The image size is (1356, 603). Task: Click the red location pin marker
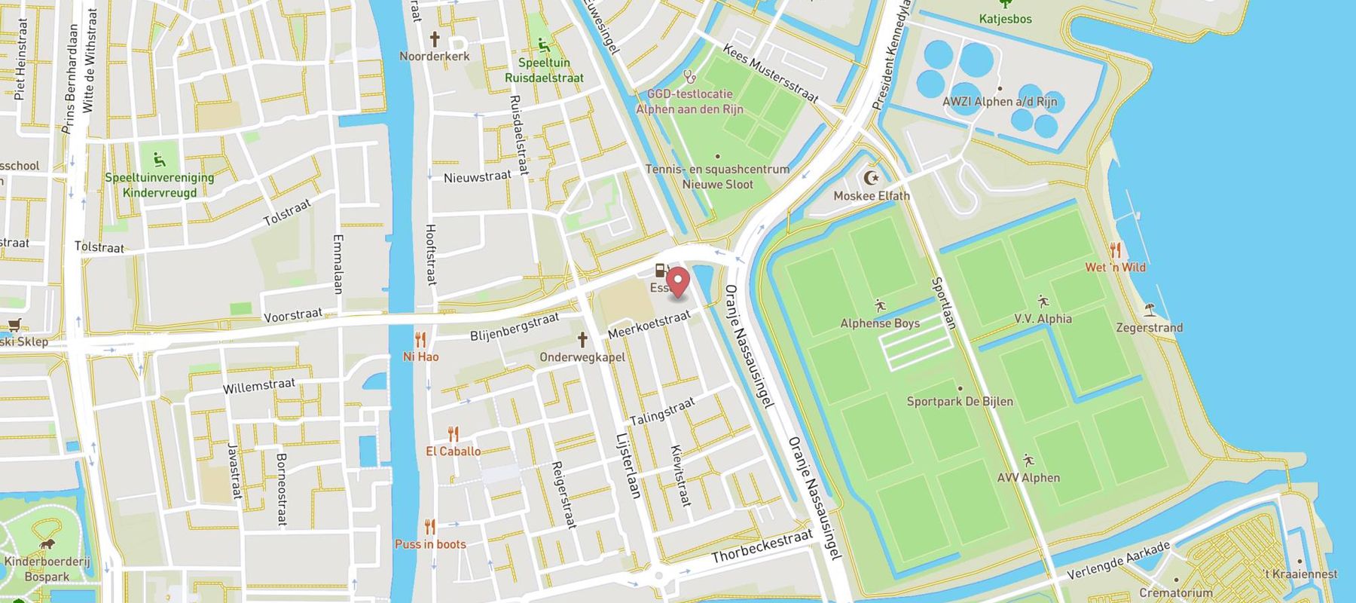[679, 282]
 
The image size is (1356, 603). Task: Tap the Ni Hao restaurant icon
[420, 340]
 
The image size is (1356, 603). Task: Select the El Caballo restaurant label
[453, 451]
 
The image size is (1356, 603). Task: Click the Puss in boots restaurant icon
[429, 527]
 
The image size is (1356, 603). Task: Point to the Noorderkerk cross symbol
[435, 39]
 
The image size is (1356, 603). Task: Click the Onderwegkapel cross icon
[582, 340]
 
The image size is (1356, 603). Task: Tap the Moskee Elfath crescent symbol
[871, 179]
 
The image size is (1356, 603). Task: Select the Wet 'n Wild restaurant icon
[1115, 250]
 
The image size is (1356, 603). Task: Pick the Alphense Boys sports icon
[880, 306]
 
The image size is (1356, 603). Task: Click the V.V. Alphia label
[1043, 319]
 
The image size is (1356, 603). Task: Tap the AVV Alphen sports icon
[1028, 461]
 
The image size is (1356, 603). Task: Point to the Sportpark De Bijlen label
[959, 402]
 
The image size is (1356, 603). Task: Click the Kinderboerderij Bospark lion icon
[47, 544]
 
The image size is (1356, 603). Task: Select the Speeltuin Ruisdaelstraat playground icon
[543, 45]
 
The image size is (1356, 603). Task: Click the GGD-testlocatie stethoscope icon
[689, 77]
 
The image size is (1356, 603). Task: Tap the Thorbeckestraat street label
[762, 546]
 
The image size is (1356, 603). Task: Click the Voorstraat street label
[293, 314]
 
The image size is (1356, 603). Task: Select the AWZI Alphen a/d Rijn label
[999, 102]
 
